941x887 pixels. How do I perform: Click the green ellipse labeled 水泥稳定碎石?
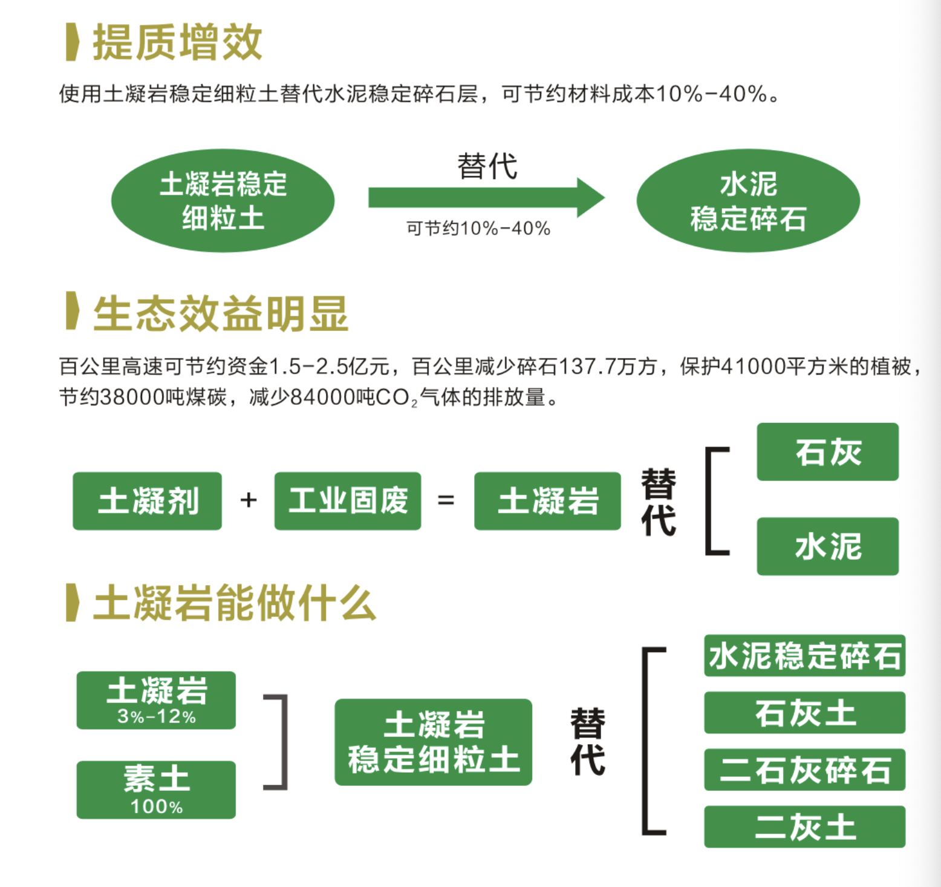coord(748,200)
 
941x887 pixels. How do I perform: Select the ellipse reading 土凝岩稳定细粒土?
coord(223,200)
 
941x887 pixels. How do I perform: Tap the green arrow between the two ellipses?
coord(487,197)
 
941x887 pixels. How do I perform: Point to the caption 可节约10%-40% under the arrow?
coord(478,229)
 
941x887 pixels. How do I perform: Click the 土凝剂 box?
coord(148,501)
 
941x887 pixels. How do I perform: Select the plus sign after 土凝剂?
coord(249,500)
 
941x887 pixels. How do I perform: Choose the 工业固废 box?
coord(348,501)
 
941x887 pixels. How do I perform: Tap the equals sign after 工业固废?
coord(446,500)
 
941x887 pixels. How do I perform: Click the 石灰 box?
coord(828,452)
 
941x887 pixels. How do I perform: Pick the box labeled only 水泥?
coord(828,546)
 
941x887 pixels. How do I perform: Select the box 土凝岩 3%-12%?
coord(156,700)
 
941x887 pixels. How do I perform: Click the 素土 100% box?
coord(156,790)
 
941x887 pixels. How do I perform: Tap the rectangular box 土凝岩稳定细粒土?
coord(434,742)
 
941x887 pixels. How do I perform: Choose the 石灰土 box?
coord(805,713)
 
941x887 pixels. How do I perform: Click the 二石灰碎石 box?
coord(805,770)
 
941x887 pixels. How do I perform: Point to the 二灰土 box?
coord(805,826)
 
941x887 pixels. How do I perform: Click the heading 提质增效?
coord(177,42)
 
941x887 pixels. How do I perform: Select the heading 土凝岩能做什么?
coord(235,603)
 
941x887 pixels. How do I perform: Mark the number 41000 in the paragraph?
coord(754,366)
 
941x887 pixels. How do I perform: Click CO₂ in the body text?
coord(397,398)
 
